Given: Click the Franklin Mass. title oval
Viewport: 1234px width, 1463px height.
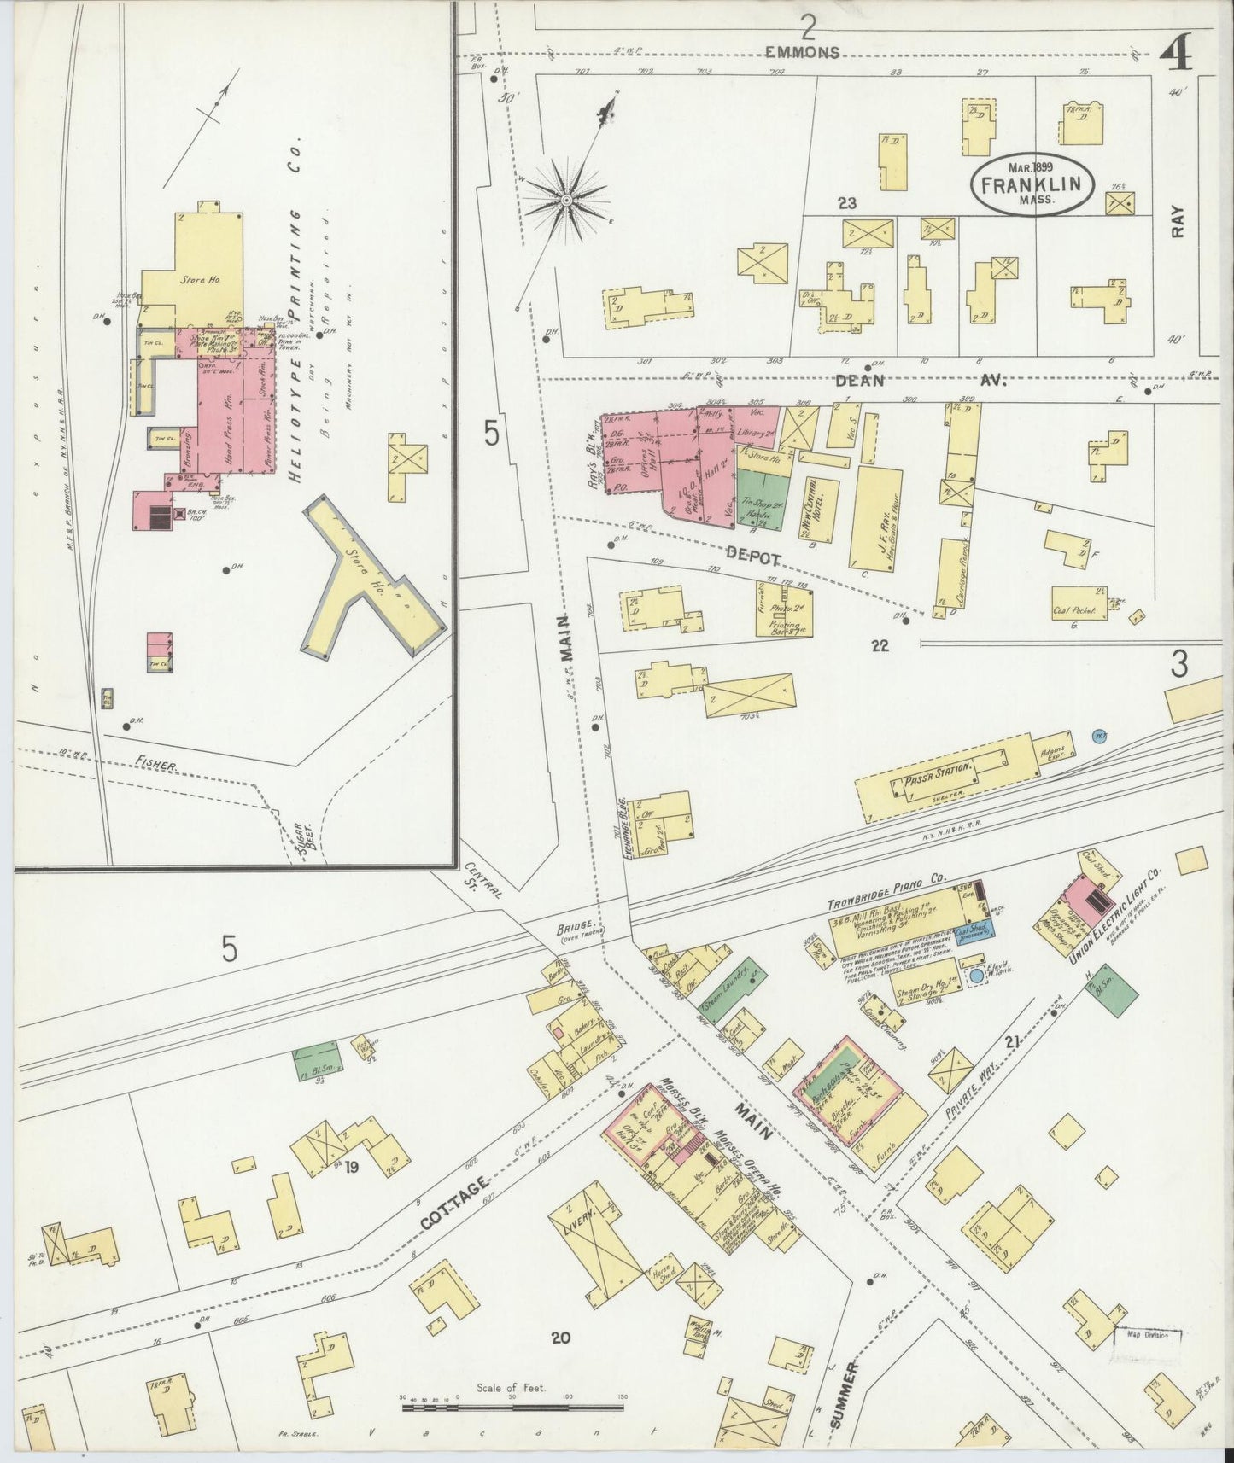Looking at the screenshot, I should pyautogui.click(x=1033, y=184).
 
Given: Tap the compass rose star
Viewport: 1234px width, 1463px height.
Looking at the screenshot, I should pyautogui.click(x=565, y=201).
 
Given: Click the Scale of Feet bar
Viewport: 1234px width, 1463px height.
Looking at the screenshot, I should pyautogui.click(x=512, y=1406).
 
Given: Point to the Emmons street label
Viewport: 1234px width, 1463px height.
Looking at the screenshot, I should pyautogui.click(x=802, y=53).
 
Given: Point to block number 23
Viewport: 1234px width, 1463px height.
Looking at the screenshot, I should pyautogui.click(x=846, y=204).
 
